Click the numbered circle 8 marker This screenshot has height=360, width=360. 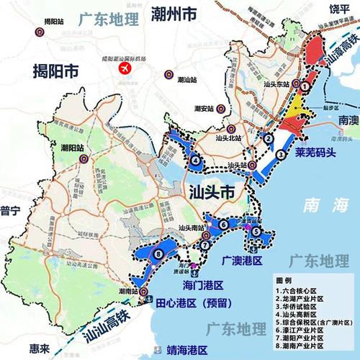point(156,253)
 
